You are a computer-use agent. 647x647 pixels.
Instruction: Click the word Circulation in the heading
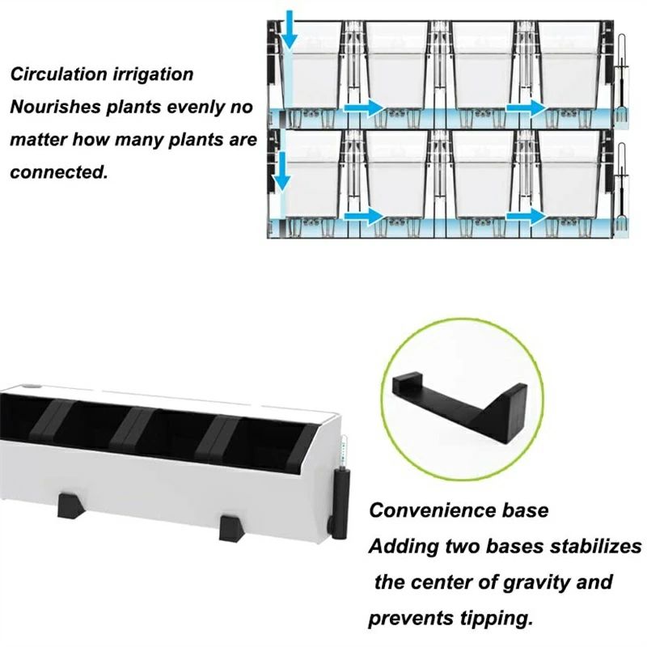pos(59,74)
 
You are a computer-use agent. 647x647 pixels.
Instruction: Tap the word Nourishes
pos(56,107)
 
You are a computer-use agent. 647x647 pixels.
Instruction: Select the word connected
pos(58,171)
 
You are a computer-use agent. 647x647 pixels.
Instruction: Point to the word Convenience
pos(433,510)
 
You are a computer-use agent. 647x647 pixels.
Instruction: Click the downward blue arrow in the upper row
pos(290,30)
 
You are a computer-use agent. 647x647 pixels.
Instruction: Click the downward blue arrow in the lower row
pos(282,171)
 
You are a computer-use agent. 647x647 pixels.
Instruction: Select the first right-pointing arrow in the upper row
pos(364,108)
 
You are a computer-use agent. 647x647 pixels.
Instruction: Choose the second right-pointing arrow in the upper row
pos(526,108)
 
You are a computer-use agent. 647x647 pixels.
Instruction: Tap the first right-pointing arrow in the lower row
pos(364,216)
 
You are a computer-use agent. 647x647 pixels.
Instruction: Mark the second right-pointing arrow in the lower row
pos(526,216)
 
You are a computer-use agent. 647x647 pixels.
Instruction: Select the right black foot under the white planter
pos(232,528)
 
